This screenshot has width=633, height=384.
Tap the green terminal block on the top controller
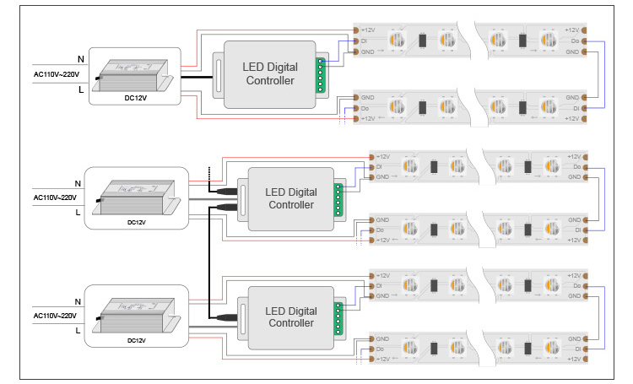point(322,74)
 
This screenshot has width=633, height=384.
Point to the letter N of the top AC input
point(81,58)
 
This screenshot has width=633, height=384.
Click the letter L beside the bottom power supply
point(78,331)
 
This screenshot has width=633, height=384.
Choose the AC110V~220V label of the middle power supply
point(55,197)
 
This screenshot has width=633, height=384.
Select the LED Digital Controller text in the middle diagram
point(290,198)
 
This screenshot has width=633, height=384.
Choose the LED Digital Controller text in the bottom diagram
point(290,316)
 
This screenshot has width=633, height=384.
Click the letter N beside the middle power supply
point(78,183)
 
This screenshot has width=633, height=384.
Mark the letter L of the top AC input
point(81,89)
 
